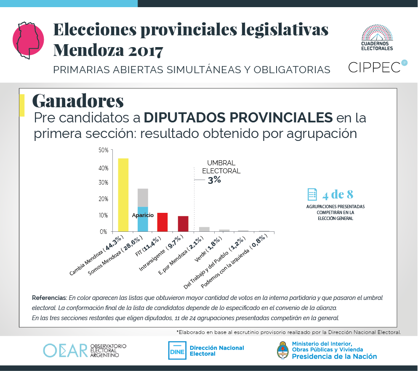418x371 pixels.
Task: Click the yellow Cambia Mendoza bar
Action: point(123,195)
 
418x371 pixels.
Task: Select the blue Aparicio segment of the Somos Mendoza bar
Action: point(143,223)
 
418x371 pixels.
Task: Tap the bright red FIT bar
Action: point(162,222)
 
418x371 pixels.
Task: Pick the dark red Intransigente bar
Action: point(183,224)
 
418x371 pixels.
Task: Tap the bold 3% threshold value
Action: point(214,180)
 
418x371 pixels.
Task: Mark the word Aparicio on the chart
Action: point(143,215)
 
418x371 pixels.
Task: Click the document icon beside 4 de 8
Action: point(312,194)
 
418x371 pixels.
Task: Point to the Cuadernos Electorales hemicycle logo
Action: point(377,38)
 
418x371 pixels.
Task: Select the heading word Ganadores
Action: point(78,101)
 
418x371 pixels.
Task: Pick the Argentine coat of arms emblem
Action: point(283,350)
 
